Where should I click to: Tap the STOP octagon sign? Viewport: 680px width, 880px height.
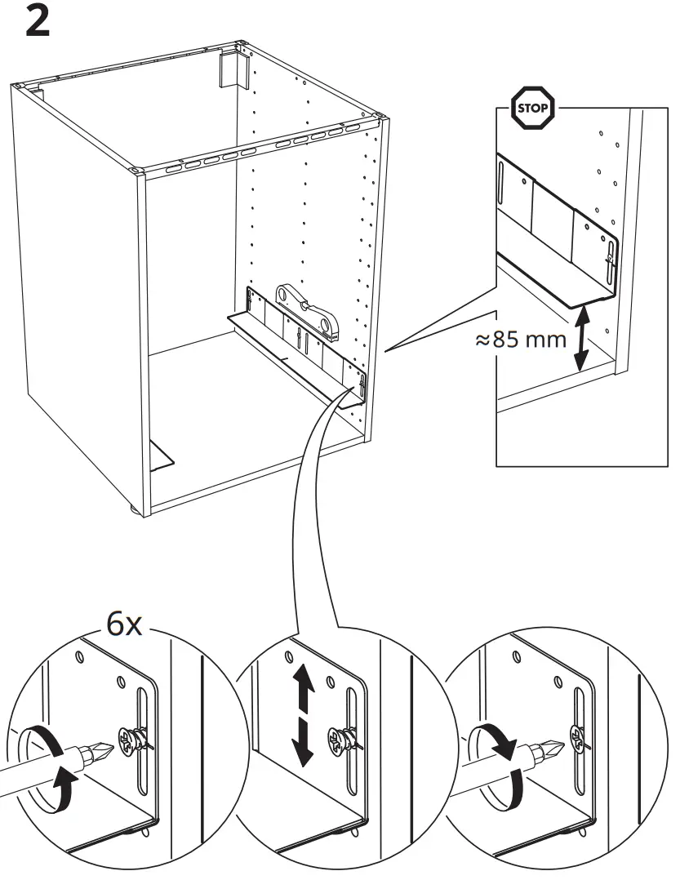531,108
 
